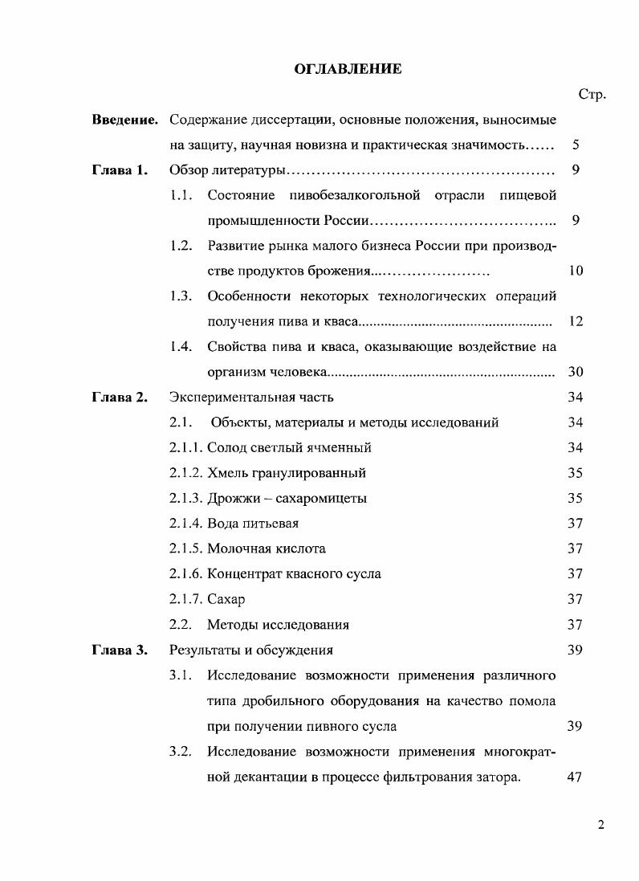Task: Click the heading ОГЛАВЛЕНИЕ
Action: pos(347,69)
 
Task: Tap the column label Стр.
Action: pos(592,95)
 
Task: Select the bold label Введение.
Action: pos(124,120)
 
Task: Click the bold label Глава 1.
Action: pos(120,170)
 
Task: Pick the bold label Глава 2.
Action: pos(120,397)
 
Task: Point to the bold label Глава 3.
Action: pos(120,650)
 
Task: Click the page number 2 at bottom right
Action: pos(600,828)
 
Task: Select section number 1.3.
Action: pos(181,296)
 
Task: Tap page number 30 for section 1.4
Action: pos(575,372)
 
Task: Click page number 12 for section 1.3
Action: pos(575,321)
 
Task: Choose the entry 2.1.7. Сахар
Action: pos(206,599)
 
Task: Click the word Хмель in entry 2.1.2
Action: pos(226,473)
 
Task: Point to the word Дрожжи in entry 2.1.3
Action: pos(231,498)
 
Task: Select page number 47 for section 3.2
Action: pos(575,777)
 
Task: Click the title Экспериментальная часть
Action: pos(251,397)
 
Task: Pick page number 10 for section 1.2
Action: pos(575,271)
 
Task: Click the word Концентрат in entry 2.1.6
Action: pos(242,573)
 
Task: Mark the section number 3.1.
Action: pos(181,675)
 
